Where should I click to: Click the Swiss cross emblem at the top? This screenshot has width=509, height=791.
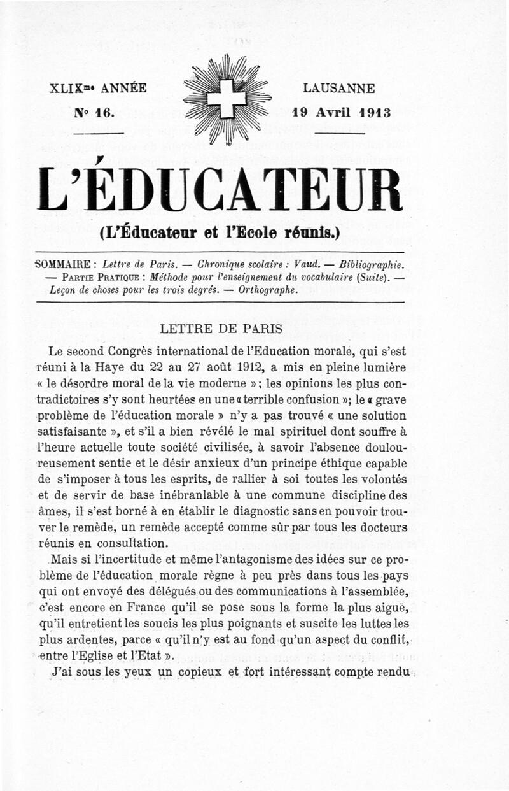pos(227,98)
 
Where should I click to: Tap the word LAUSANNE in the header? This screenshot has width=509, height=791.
pos(339,89)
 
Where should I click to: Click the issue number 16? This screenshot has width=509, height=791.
pos(102,113)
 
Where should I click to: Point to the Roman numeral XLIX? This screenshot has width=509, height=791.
pos(64,89)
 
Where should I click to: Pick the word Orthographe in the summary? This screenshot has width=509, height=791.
pos(268,289)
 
